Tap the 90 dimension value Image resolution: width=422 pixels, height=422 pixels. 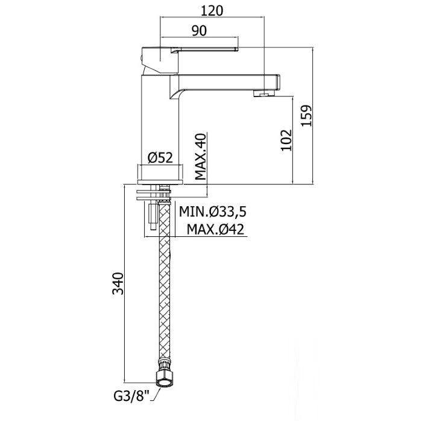(x=200, y=30)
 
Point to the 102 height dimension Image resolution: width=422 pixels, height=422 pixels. (x=287, y=139)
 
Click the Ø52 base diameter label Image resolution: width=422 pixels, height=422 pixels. (x=160, y=158)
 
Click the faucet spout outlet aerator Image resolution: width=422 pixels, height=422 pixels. (x=262, y=93)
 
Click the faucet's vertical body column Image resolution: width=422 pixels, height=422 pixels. (x=160, y=115)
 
